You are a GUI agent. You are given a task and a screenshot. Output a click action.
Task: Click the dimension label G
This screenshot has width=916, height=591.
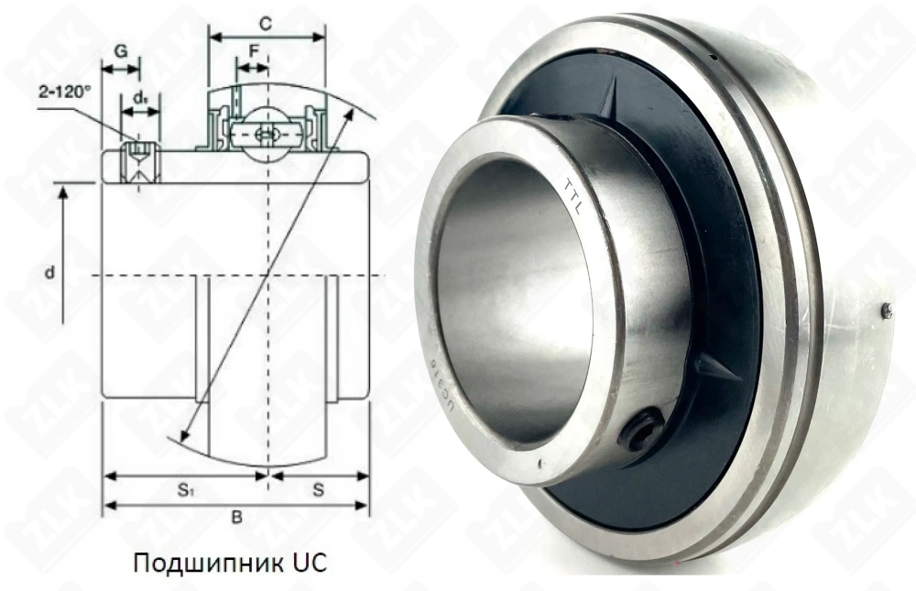click(120, 52)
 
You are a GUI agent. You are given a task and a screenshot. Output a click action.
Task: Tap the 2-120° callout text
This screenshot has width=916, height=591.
click(66, 93)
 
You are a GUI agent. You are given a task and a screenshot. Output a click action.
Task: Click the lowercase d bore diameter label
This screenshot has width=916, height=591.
click(52, 272)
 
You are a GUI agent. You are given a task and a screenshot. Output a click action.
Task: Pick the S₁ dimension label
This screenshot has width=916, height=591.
click(184, 490)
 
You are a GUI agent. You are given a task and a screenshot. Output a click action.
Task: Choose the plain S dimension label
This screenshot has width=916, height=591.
click(318, 490)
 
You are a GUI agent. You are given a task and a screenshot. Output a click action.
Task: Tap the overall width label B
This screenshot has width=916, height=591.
click(235, 519)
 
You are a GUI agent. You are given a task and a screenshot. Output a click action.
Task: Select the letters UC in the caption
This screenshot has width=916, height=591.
click(309, 560)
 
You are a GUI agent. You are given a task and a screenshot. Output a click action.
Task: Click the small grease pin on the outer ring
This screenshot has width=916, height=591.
click(886, 312)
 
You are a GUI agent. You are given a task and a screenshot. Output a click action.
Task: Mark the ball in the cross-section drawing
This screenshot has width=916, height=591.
click(267, 133)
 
